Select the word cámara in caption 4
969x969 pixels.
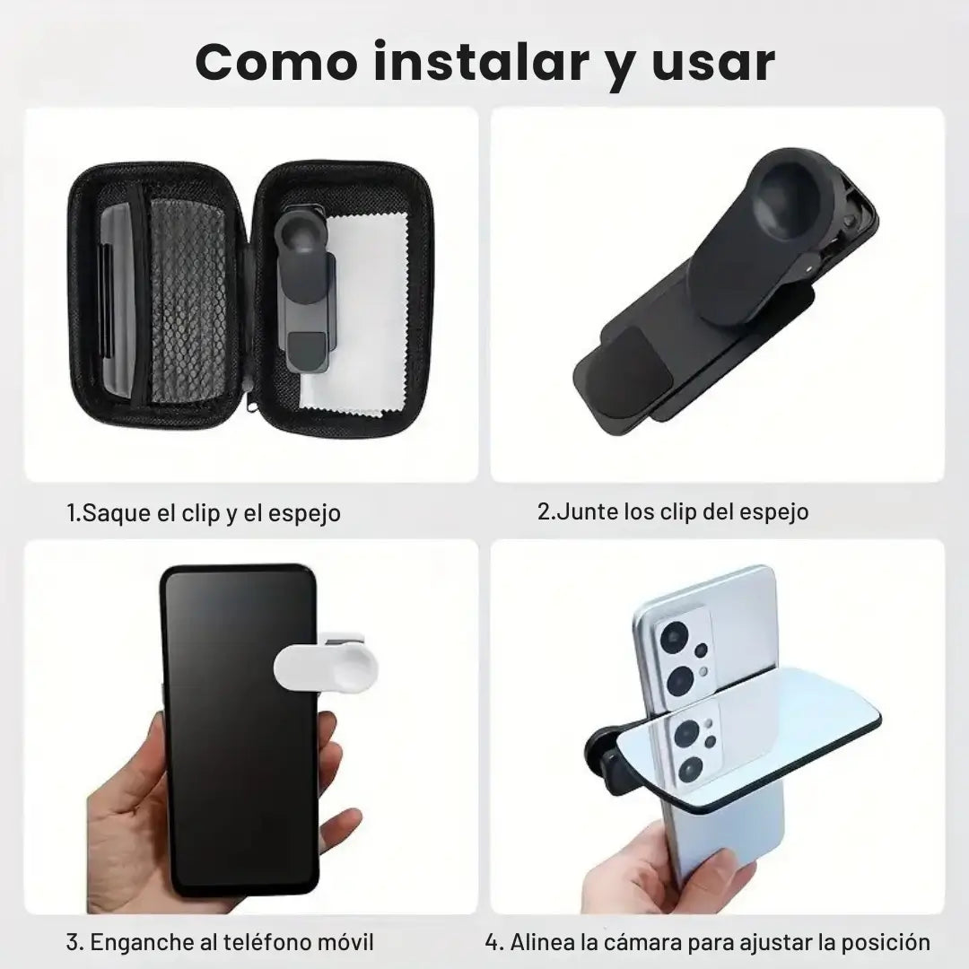coord(628,942)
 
